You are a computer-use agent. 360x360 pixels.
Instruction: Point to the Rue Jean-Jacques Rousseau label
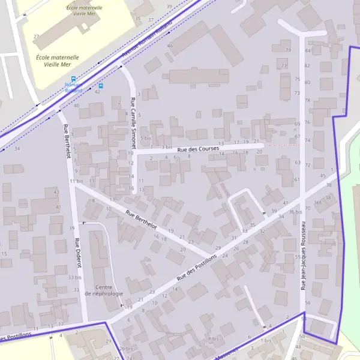pos(304,255)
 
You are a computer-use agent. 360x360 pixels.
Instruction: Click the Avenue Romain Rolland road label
pos(147,39)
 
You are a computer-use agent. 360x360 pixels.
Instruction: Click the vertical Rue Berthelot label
pos(67,142)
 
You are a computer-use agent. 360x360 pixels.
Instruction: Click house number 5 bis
pos(146,138)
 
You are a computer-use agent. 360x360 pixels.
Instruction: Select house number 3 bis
pos(167,147)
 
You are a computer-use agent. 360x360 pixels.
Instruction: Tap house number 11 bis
pos(76,181)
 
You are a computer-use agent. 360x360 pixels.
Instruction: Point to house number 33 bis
pos(74,278)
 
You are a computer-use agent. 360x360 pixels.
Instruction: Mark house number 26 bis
pos(126,349)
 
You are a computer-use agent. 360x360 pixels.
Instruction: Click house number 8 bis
pos(213,338)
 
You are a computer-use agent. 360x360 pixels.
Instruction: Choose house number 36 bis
pos(295,212)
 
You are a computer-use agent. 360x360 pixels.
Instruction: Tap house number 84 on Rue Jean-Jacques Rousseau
pos(307,50)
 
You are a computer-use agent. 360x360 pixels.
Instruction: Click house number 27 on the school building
pos(36,37)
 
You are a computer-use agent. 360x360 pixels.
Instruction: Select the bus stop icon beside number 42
pos(101,86)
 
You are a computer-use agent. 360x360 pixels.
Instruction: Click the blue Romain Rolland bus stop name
pos(73,88)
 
